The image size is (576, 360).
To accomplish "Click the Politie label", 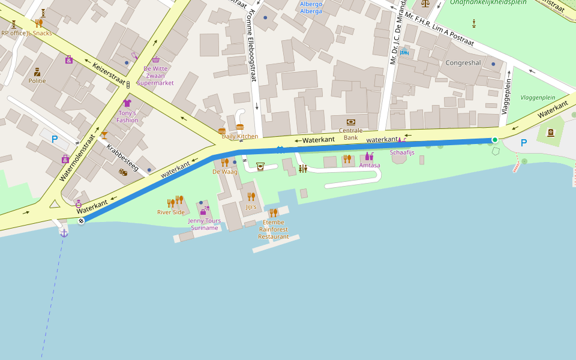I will pos(37,80).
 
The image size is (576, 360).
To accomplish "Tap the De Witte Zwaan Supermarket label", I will pos(155,76).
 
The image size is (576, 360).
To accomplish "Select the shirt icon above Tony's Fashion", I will pos(127,103).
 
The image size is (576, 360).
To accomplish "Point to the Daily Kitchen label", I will pos(240,136).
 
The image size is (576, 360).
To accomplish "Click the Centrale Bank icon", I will pos(351,122).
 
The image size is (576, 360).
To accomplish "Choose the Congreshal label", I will pos(463,63).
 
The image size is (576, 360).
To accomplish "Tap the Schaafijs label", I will pos(402,152).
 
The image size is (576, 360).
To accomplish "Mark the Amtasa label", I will pos(370,165).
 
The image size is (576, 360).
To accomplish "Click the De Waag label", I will pos(225,172).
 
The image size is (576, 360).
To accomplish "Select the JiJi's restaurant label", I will pos(251,207).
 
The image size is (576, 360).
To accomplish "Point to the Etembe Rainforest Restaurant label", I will pos(273,229).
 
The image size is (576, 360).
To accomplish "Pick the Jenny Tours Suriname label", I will pos(204,224).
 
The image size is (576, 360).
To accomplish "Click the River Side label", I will pos(171,212).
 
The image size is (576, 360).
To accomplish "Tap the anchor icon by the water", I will pos(64,233).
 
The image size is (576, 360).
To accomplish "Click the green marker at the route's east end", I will pos(495,140).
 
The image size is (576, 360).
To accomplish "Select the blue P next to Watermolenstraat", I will pos(55,139).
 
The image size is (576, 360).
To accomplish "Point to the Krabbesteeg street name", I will pos(123,158).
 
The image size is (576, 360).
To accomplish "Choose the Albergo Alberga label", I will pos(311,7).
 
